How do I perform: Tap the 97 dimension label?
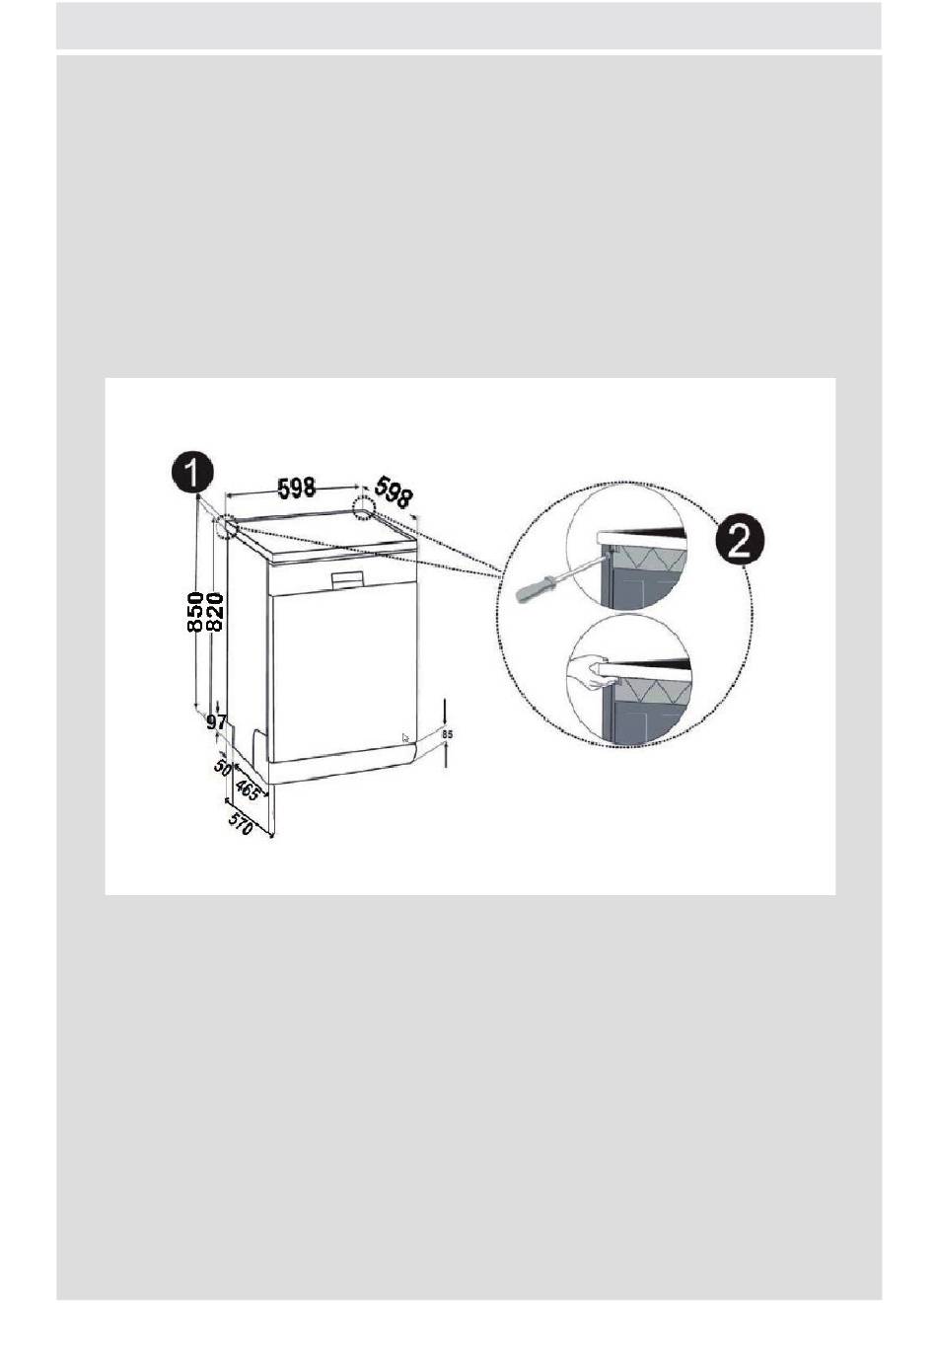click(217, 721)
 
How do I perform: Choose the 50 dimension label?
click(223, 766)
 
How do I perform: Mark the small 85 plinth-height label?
click(447, 733)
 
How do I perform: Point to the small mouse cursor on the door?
click(405, 738)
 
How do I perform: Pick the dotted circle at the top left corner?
click(225, 527)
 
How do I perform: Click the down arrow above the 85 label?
click(446, 713)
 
